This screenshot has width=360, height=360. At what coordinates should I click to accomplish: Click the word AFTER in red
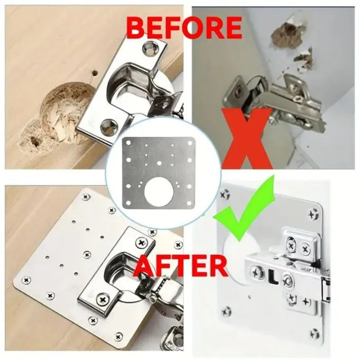pos(181,266)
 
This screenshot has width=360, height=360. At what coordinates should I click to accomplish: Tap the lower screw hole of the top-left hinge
pos(109,125)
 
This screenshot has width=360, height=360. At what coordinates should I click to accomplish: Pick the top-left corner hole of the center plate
pos(128,143)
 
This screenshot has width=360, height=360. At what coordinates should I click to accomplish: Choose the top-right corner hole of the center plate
pos(190,143)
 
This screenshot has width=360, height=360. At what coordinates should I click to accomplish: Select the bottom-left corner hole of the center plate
pos(128,203)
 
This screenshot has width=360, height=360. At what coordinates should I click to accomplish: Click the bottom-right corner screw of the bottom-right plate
pos(314,333)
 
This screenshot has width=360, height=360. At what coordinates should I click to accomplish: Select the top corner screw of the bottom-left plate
pos(86,196)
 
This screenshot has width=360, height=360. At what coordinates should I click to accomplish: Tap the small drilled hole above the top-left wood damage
pos(94,73)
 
